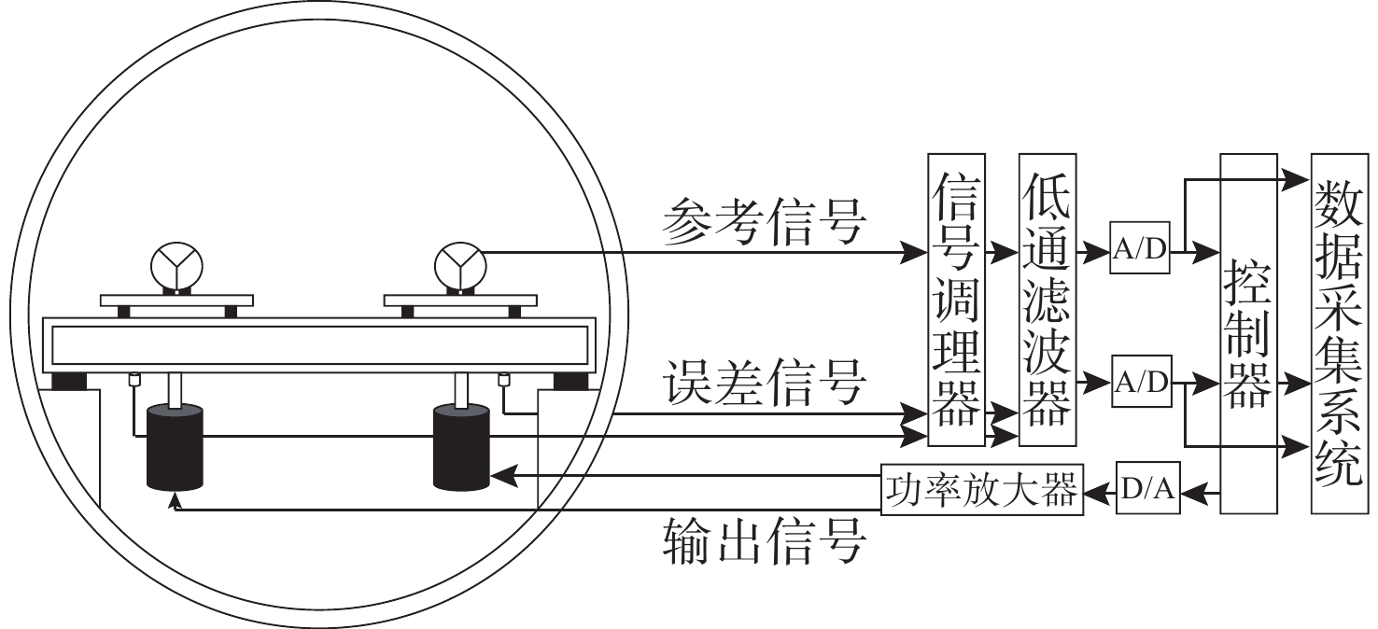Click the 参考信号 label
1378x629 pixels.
(764, 223)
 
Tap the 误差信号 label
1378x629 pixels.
(764, 384)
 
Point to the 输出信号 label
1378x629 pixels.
(764, 540)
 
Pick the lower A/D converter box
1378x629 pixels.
(1140, 382)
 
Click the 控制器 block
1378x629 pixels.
(1247, 333)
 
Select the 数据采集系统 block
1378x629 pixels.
(1340, 333)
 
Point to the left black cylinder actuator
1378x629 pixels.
(175, 448)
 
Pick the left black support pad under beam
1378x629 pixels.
(69, 382)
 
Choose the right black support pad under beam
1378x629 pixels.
(571, 382)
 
